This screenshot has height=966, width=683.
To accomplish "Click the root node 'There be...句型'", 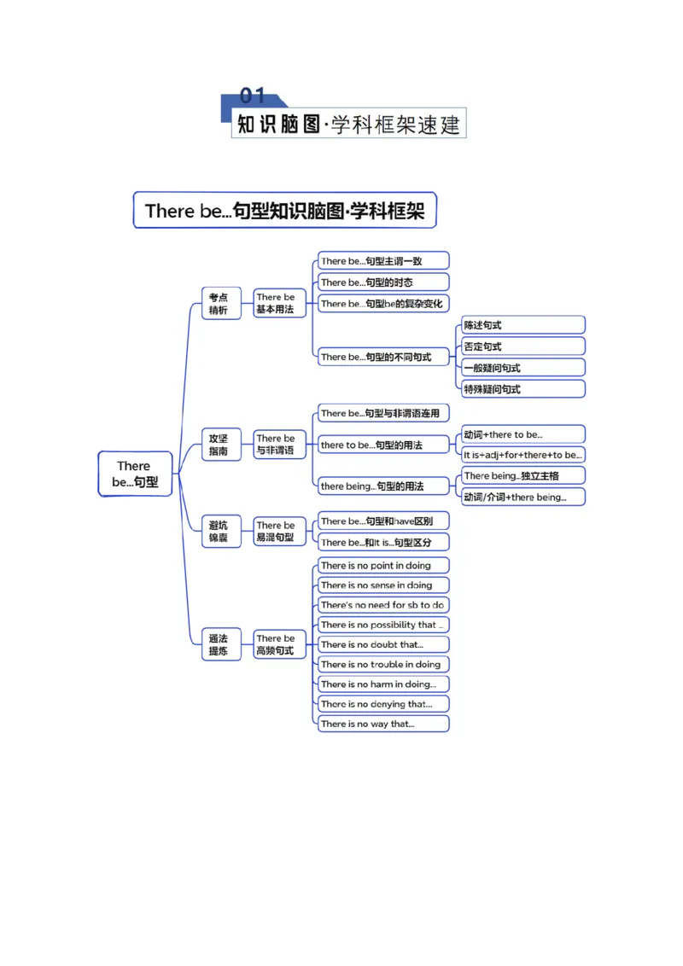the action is pyautogui.click(x=135, y=474).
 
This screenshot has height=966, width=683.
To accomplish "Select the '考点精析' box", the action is pyautogui.click(x=220, y=303).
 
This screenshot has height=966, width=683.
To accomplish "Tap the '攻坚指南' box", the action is pyautogui.click(x=220, y=445).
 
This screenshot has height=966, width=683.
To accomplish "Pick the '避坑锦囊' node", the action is pyautogui.click(x=220, y=531).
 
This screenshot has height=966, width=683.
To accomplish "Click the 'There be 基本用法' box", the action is pyautogui.click(x=279, y=303).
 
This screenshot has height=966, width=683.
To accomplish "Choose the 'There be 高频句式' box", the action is pyautogui.click(x=279, y=644).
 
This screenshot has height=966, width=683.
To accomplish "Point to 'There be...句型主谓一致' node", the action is pyautogui.click(x=383, y=260).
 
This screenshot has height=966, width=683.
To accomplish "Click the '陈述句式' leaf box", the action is pyautogui.click(x=523, y=324).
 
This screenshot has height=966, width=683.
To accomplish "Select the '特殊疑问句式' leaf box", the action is pyautogui.click(x=523, y=389).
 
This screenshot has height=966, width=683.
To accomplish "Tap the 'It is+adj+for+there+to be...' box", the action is pyautogui.click(x=523, y=455).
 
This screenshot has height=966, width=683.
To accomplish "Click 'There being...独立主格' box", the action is pyautogui.click(x=523, y=475).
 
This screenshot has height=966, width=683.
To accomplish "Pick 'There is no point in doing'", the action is pyautogui.click(x=383, y=565).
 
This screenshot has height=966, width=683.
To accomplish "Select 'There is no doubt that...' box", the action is pyautogui.click(x=383, y=644).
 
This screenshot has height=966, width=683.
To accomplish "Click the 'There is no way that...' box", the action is pyautogui.click(x=383, y=724).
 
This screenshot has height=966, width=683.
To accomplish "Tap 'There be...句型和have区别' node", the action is pyautogui.click(x=383, y=521).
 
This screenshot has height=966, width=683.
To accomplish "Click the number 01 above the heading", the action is pyautogui.click(x=252, y=96).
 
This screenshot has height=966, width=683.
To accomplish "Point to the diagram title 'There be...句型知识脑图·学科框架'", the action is pyautogui.click(x=285, y=210).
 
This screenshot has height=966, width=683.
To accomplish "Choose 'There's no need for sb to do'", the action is pyautogui.click(x=383, y=604).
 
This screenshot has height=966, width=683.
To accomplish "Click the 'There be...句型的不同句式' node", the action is pyautogui.click(x=383, y=357).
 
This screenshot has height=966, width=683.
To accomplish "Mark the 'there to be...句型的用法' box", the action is pyautogui.click(x=383, y=445).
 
